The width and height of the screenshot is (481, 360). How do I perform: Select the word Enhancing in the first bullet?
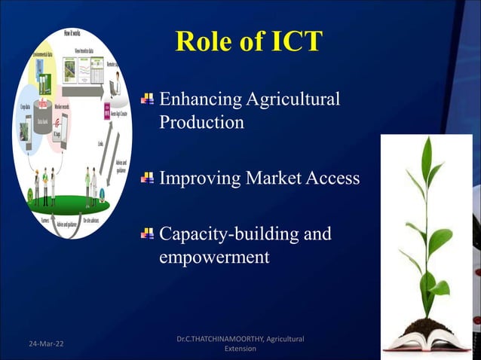coord(197,99)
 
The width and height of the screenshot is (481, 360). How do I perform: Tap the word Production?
coord(201,123)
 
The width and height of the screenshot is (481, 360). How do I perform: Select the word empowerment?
coord(214,257)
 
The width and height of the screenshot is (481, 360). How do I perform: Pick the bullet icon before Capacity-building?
coord(147,233)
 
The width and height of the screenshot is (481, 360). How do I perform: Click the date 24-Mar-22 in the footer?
coord(46,344)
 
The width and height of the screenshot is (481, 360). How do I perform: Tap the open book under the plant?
coord(426,343)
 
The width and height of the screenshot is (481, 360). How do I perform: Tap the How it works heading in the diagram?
coord(78,34)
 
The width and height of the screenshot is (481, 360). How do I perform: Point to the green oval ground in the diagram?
coord(72,203)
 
